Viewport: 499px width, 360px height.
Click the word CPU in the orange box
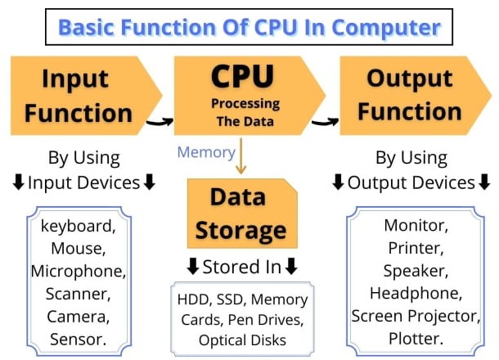(x=242, y=76)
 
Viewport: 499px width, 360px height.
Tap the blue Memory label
(x=206, y=152)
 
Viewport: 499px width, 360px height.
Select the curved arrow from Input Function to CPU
(x=160, y=122)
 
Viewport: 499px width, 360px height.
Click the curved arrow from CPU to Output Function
(x=326, y=122)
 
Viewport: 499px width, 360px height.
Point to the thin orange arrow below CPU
(x=241, y=156)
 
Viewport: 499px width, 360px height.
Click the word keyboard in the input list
(x=79, y=226)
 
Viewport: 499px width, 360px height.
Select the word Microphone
(x=79, y=271)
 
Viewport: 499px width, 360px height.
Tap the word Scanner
(x=79, y=294)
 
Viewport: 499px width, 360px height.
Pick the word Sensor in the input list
(x=79, y=340)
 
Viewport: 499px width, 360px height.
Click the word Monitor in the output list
(x=416, y=225)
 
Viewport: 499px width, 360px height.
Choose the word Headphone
(x=416, y=293)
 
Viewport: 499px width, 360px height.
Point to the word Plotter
(x=416, y=339)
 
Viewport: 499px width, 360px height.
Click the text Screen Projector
(x=416, y=316)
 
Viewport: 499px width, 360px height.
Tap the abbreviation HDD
(x=193, y=299)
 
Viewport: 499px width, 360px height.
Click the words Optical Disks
(x=242, y=340)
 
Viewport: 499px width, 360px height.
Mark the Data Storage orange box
(x=242, y=214)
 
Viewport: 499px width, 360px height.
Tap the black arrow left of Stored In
(x=193, y=266)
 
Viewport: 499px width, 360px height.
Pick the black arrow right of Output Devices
(x=484, y=182)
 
